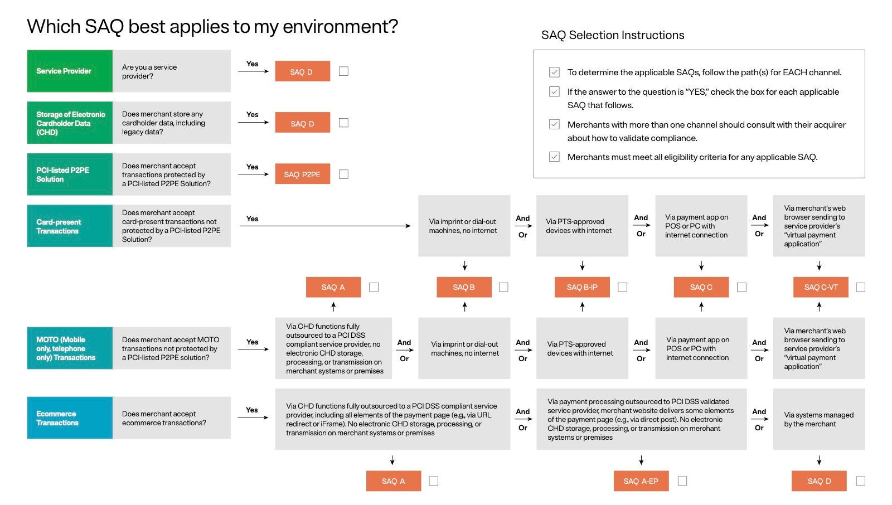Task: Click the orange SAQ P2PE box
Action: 302,174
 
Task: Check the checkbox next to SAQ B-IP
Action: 623,287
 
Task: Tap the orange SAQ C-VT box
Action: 821,287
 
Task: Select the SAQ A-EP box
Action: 641,481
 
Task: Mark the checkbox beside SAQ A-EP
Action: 682,481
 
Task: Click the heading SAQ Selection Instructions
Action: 613,35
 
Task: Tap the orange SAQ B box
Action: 464,287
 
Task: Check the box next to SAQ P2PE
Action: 344,174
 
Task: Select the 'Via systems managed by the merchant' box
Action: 818,419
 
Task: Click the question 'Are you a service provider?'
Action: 149,71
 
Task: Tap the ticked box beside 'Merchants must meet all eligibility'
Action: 554,157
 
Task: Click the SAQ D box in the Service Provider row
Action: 302,71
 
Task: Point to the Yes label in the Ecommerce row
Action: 252,410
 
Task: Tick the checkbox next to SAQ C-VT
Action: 861,287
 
